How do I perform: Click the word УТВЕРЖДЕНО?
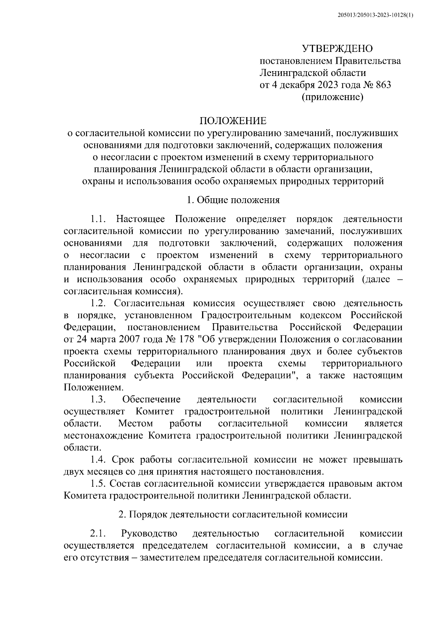tap(337, 49)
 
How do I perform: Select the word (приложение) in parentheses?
tap(332, 97)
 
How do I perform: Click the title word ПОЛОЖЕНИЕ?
tap(233, 121)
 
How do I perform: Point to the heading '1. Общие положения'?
tap(233, 200)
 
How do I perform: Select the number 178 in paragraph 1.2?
tap(187, 340)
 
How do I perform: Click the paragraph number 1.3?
tap(99, 399)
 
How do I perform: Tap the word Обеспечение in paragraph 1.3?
tap(151, 399)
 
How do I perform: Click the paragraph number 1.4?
tap(99, 460)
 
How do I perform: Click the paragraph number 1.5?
tap(99, 484)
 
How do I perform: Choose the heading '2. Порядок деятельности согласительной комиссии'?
tap(233, 514)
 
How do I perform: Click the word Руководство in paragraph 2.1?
tap(149, 534)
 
